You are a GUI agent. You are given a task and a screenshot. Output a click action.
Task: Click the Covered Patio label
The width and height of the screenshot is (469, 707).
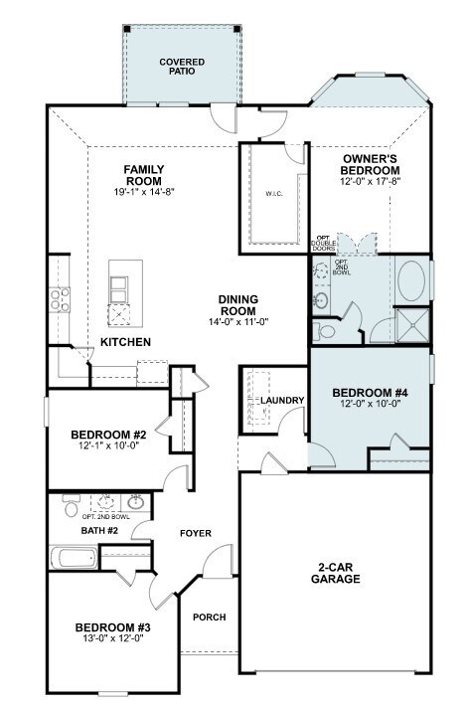point(182,67)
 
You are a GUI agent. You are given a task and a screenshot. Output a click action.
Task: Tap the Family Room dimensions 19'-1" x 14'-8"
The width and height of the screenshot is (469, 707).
point(144,192)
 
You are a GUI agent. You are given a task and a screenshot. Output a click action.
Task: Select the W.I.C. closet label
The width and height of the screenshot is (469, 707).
point(274,194)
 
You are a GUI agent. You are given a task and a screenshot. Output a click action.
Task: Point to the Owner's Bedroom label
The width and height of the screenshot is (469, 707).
point(370,165)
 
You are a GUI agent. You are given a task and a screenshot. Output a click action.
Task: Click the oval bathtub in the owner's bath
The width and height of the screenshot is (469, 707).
point(411,281)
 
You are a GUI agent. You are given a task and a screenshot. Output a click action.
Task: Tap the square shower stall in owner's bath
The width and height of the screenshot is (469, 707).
point(412,325)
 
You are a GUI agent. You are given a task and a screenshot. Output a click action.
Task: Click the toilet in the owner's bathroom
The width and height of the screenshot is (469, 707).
point(324,331)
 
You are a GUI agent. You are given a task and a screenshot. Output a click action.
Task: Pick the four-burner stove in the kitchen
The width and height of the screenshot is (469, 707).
point(60,299)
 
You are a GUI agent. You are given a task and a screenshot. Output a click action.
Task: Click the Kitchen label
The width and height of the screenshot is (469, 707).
point(125,342)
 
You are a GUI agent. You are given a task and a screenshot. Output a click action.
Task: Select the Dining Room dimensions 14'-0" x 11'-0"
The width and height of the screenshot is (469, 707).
point(238,322)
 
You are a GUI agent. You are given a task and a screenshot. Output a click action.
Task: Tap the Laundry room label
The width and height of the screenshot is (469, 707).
point(282,401)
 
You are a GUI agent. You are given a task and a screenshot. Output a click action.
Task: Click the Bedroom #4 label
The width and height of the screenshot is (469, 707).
point(370,393)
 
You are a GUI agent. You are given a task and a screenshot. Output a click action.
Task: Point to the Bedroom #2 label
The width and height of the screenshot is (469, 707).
point(108,436)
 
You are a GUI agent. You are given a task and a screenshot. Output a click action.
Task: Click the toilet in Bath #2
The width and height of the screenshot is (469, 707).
point(71,506)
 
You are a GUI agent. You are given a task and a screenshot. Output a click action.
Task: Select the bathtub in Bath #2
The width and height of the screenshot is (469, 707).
point(74,558)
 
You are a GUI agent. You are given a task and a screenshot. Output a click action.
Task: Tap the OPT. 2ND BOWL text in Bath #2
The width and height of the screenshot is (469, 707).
point(106,517)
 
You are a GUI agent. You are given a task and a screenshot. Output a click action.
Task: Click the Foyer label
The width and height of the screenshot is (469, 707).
point(196,533)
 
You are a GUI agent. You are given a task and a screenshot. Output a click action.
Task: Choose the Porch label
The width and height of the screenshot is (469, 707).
point(210,617)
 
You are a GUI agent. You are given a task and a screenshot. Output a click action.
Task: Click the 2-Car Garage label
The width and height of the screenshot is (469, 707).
point(336,573)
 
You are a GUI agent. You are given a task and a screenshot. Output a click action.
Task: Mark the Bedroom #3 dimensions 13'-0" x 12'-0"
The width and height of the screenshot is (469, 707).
point(112,638)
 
